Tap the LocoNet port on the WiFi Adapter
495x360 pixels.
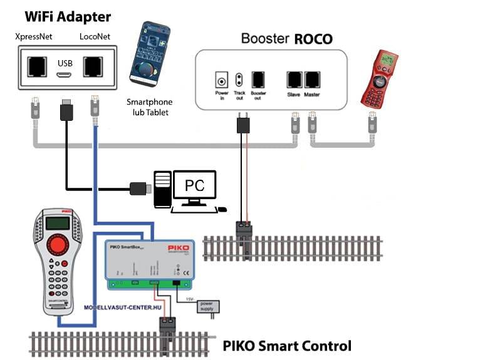click(94, 66)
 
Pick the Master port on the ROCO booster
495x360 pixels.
click(312, 80)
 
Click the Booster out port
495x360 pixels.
click(258, 80)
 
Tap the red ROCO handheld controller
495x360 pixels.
click(381, 80)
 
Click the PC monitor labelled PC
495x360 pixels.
click(194, 185)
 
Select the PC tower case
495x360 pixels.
click(162, 188)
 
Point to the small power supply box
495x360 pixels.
click(206, 306)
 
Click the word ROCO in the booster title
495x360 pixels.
click(313, 39)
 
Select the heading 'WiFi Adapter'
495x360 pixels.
click(68, 16)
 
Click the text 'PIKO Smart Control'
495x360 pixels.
click(287, 346)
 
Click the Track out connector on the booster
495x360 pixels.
click(238, 80)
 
